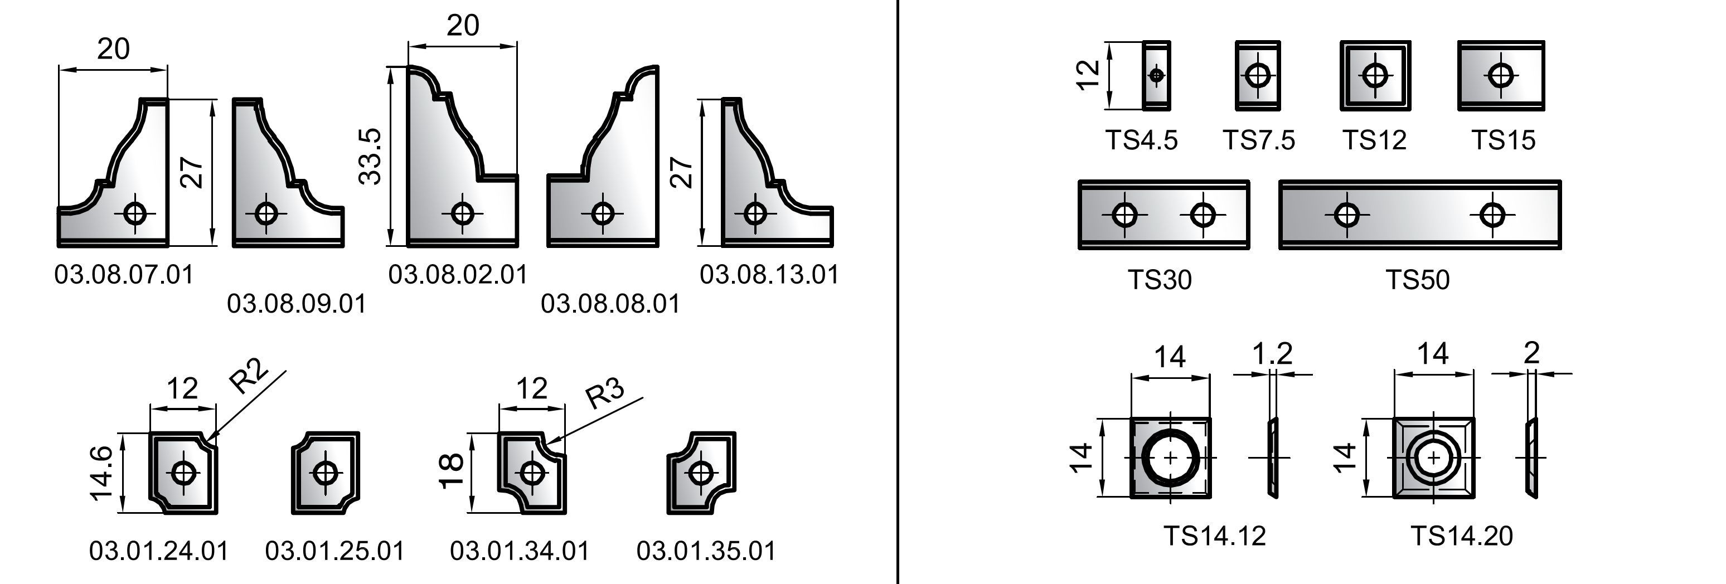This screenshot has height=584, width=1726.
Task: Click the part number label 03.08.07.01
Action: tap(124, 275)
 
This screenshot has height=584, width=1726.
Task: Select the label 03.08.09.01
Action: tap(297, 303)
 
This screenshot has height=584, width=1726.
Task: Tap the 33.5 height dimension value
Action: tap(370, 157)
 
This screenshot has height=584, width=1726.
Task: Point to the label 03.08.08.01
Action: tap(610, 303)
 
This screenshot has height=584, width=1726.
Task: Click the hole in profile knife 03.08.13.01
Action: tap(755, 213)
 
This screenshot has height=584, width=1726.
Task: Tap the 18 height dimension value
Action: tap(450, 471)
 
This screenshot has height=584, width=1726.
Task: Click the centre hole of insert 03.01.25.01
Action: tap(326, 473)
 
